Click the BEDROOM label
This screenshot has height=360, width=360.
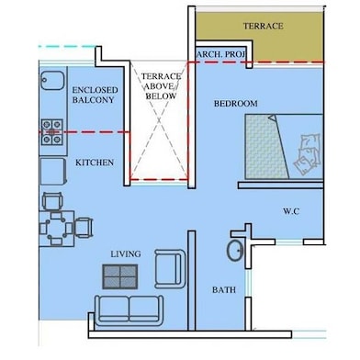(x=235, y=104)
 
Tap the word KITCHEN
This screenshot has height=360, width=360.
(x=95, y=163)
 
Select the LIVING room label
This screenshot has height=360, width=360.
(x=126, y=253)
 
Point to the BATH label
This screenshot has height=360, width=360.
(x=224, y=289)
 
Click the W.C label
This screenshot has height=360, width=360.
(x=291, y=211)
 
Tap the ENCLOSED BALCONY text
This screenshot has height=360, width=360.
(x=95, y=95)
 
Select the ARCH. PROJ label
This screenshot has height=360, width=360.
(x=221, y=54)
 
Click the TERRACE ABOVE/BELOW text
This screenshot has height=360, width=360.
(x=161, y=86)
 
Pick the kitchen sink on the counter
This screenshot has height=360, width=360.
(x=52, y=80)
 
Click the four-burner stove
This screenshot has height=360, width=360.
(x=52, y=132)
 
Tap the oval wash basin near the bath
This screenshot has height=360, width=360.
(x=235, y=251)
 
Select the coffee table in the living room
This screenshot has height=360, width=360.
(x=119, y=276)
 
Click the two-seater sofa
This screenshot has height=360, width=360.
(x=129, y=310)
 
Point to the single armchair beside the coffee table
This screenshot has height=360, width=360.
(x=170, y=269)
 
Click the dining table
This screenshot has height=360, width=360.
(x=57, y=229)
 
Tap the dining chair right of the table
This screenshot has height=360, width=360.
(x=84, y=228)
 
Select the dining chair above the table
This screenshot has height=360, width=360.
(x=52, y=201)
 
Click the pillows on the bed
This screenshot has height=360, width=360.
(x=307, y=154)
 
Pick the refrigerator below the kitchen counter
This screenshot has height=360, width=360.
(x=52, y=171)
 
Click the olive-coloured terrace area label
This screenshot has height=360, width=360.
(x=264, y=26)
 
